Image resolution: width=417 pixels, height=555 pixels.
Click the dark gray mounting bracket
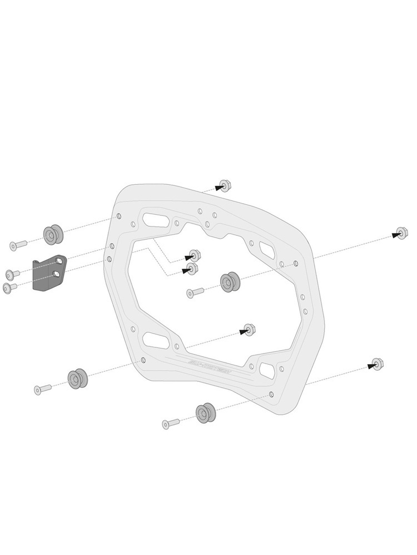(48, 273)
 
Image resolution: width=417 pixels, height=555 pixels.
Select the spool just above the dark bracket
(53, 235)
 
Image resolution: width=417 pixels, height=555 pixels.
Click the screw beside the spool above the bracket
(18, 245)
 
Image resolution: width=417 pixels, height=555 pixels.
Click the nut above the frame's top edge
(225, 185)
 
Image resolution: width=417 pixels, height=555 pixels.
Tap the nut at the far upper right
(401, 233)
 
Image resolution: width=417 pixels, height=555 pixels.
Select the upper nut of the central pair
(195, 255)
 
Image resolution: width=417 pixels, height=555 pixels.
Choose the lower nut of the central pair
(192, 269)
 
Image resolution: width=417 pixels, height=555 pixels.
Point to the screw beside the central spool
(195, 292)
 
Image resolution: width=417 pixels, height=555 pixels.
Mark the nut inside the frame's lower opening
(250, 329)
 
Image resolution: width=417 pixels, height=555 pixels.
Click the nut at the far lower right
(377, 365)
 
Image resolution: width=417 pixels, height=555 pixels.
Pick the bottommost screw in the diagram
(170, 423)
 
